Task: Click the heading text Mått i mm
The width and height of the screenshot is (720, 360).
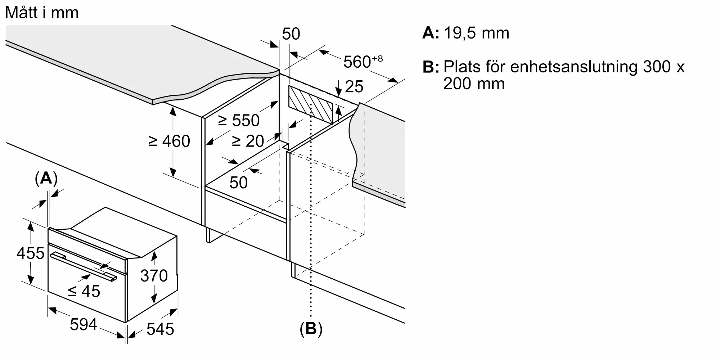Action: tap(42, 13)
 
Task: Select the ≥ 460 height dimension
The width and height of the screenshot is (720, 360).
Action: tap(169, 141)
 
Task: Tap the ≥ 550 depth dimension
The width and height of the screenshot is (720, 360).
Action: tap(239, 120)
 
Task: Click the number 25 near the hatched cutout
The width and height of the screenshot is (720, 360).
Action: tap(354, 87)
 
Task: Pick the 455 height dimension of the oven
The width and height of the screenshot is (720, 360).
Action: tap(30, 253)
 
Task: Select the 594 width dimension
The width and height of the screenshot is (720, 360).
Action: tap(84, 325)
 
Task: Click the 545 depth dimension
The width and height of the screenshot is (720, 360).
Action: tap(160, 329)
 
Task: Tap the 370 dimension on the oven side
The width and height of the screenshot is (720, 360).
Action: tap(154, 276)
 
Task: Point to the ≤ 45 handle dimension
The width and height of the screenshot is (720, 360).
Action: tap(84, 291)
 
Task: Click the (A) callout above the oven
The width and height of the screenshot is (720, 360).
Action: tap(46, 178)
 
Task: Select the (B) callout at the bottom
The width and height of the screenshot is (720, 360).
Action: tap(311, 329)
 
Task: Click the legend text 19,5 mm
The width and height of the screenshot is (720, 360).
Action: tap(476, 33)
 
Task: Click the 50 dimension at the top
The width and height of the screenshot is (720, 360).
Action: tap(291, 34)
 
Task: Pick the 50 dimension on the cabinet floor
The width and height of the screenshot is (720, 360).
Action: tap(238, 183)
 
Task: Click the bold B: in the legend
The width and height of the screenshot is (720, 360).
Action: tap(431, 67)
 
